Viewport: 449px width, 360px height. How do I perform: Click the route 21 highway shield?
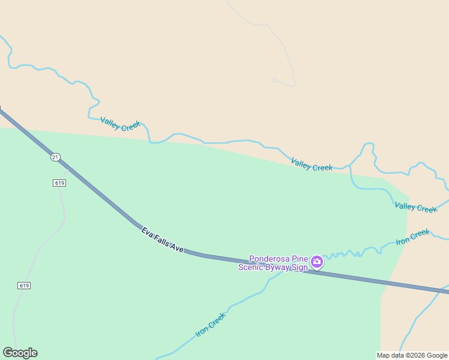pos(55,157)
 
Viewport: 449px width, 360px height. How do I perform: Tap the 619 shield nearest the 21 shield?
pos(59,182)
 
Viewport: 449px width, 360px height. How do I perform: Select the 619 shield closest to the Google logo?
pos(24,286)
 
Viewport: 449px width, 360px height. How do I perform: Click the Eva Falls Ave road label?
pos(162,239)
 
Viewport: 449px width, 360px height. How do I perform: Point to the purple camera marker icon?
pos(316,262)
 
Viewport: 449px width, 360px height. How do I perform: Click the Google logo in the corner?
pos(20,353)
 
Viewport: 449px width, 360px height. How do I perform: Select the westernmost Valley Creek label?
pos(121,124)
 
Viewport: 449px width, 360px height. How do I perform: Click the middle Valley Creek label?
pos(312,164)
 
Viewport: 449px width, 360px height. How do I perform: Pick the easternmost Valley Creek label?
pos(416,207)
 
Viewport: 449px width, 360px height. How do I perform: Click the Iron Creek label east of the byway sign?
pos(413,237)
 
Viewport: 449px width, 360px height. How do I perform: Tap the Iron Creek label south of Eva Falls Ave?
pos(211,325)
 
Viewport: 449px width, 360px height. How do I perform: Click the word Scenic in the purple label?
pos(252,267)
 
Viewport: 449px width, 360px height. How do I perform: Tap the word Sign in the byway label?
pos(301,267)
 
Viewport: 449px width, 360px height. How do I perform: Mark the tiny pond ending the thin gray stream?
pos(275,80)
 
